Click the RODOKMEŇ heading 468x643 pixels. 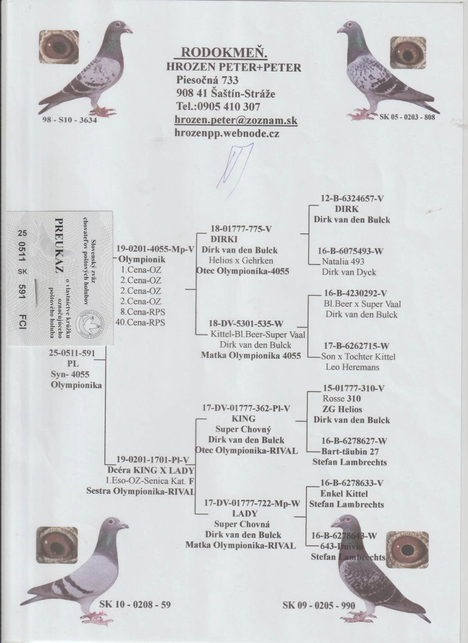click(224, 53)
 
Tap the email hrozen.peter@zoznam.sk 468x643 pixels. click(236, 120)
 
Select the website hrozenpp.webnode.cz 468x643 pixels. click(227, 133)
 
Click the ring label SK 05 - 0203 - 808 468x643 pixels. click(407, 117)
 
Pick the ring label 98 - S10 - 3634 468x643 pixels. click(70, 120)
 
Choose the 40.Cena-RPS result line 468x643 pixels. click(140, 322)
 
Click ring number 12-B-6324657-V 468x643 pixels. click(352, 199)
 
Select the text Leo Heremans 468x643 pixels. click(352, 367)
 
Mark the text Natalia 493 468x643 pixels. click(343, 261)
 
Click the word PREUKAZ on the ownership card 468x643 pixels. click(60, 246)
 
